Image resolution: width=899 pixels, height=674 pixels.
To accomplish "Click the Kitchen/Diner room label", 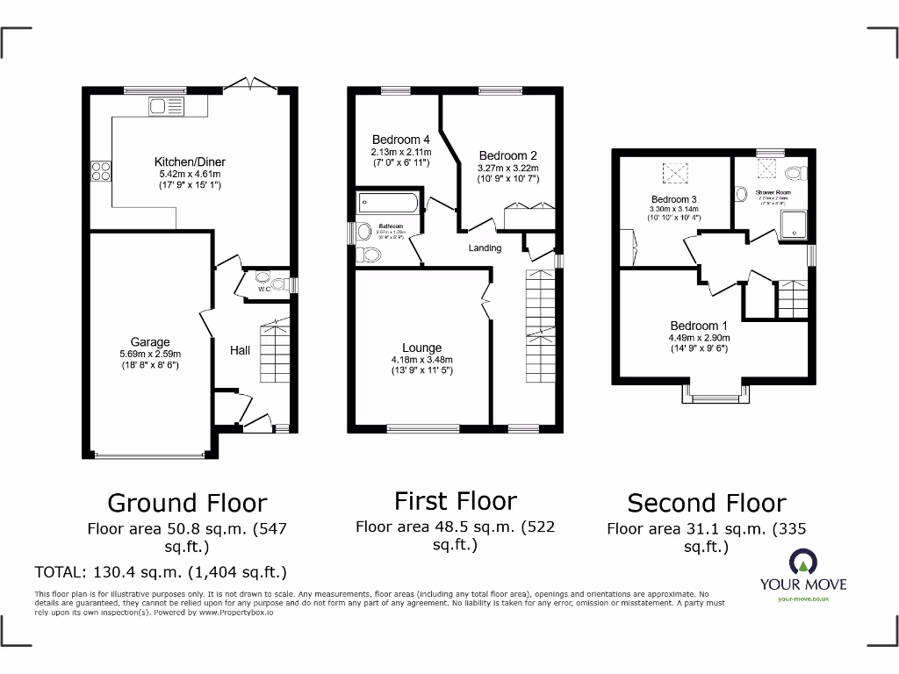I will coord(190,161).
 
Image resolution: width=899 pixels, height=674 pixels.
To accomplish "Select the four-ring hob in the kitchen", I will coord(99,170).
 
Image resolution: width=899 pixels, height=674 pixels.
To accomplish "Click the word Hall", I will coord(240,350).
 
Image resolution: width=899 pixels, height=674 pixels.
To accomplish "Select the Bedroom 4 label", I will coord(400,140).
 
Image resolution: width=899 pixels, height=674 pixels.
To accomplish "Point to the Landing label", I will coord(485,248).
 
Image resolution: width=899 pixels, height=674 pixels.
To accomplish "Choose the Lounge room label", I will coord(422,348).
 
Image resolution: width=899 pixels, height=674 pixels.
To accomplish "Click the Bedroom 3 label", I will coord(674,199).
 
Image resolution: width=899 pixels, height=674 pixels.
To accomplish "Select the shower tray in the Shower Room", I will coord(794,223).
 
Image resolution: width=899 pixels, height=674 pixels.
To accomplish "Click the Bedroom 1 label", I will coord(700,326).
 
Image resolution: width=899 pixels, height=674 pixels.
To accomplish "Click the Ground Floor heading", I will coord(187,503).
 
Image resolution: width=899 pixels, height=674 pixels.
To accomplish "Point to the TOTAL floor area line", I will coord(161,573).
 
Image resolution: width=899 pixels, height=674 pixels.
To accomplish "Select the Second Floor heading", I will coord(707,503).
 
